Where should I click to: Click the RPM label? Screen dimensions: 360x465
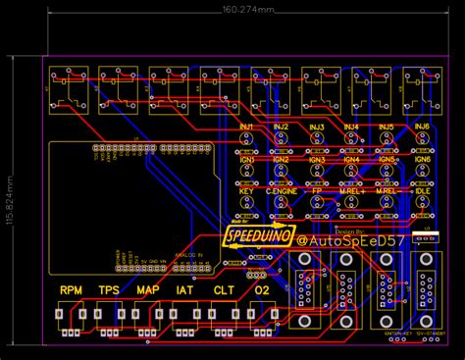click(x=72, y=290)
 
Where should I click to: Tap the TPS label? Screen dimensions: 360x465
click(x=110, y=290)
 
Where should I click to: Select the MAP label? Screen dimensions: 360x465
click(x=148, y=290)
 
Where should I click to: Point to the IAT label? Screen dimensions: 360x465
click(x=185, y=290)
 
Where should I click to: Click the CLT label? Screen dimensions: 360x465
click(x=224, y=290)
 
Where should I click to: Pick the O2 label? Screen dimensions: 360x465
click(x=262, y=290)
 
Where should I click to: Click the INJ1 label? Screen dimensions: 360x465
click(x=245, y=128)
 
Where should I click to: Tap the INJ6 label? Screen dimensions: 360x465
click(x=422, y=128)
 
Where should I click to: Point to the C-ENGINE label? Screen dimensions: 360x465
click(x=281, y=191)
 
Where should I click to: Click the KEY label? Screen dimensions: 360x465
click(x=245, y=191)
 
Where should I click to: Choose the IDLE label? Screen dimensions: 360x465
click(x=422, y=191)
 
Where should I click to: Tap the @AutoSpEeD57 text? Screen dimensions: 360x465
click(x=348, y=239)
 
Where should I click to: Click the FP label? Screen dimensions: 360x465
click(x=316, y=191)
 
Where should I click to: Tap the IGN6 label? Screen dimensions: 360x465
click(x=422, y=159)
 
